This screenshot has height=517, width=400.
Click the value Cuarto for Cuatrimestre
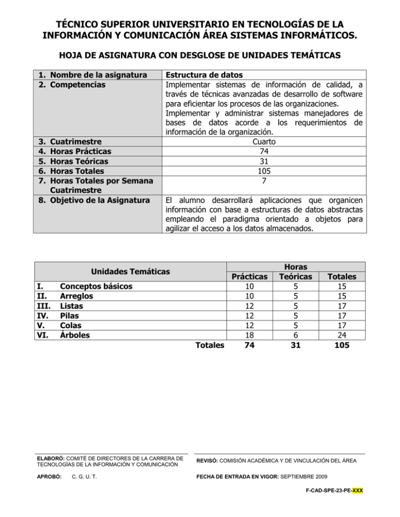tap(264, 141)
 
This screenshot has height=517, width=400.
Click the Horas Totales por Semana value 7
tap(264, 180)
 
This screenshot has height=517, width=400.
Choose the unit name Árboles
tap(75, 335)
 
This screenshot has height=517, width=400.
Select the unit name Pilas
tap(71, 316)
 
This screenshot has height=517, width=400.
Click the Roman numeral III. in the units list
tap(43, 306)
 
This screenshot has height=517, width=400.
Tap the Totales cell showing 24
tap(342, 335)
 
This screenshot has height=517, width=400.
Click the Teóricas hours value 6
tap(296, 335)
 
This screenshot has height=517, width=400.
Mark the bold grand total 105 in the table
tap(342, 345)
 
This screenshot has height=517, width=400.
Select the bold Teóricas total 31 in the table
tap(296, 345)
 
